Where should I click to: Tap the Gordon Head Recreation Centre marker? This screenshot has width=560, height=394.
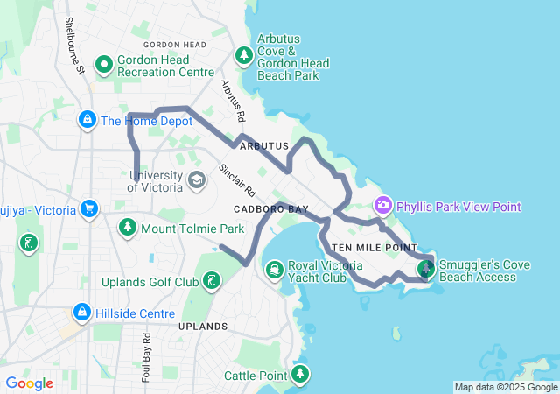coord(104,64)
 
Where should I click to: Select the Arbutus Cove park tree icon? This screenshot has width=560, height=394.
coord(243,56)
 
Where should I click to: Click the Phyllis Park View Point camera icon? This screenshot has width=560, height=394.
coord(382,206)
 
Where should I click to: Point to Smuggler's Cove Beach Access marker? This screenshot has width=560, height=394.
coord(426,267)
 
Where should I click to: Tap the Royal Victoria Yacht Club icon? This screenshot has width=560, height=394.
coord(274,268)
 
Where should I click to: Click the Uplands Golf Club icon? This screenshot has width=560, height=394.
coord(211,281)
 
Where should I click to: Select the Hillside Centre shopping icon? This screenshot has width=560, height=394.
coord(81,312)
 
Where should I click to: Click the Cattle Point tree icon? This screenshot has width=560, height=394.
coord(301,375)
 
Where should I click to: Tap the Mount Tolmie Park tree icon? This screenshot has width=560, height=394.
coord(127,229)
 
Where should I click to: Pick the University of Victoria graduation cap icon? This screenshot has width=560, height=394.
coord(197,180)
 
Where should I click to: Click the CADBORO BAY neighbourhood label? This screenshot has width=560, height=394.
coord(271,210)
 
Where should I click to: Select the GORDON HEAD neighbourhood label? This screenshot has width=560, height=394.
coord(175,45)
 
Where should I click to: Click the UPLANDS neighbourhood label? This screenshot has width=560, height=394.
coord(202,327)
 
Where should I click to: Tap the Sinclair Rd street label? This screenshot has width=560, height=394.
coord(237,179)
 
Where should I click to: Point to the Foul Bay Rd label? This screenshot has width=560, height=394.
coord(146,356)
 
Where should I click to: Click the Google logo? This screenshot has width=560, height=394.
coord(29,383)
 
